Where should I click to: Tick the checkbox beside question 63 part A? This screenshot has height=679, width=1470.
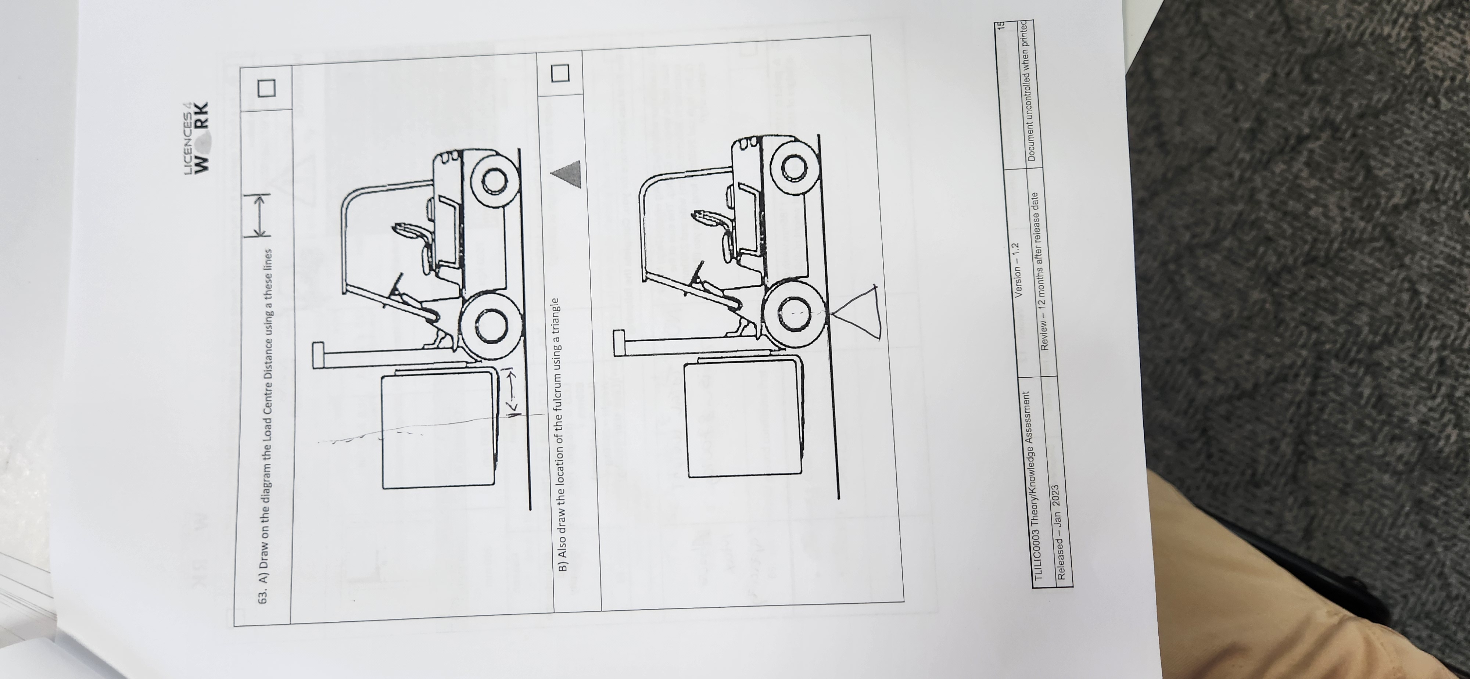click(x=266, y=87)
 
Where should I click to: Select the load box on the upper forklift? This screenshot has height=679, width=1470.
click(x=438, y=430)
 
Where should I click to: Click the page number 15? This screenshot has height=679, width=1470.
click(x=1000, y=26)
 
